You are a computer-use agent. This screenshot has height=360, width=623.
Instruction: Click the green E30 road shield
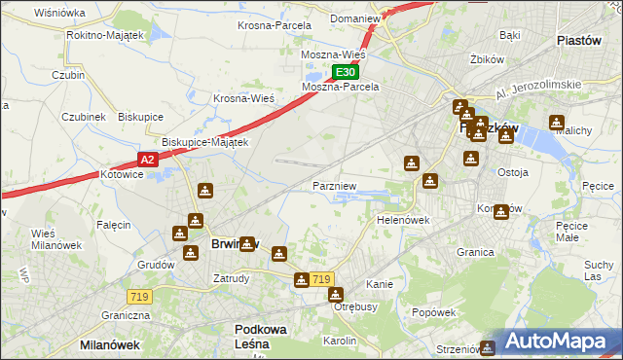click(346, 72)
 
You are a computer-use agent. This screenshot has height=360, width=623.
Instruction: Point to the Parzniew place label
click(334, 185)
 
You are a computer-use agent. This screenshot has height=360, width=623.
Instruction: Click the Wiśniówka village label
click(59, 13)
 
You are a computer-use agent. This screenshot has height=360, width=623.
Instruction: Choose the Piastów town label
click(583, 41)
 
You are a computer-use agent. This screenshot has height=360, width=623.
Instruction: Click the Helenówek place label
click(403, 220)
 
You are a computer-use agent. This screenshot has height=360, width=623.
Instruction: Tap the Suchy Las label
click(597, 270)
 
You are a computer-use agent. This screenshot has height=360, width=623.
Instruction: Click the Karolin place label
click(340, 341)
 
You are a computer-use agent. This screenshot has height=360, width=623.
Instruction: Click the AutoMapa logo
click(555, 342)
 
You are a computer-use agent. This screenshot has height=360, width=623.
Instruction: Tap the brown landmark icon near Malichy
click(556, 124)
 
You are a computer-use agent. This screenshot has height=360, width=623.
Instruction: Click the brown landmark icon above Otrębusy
click(335, 294)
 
